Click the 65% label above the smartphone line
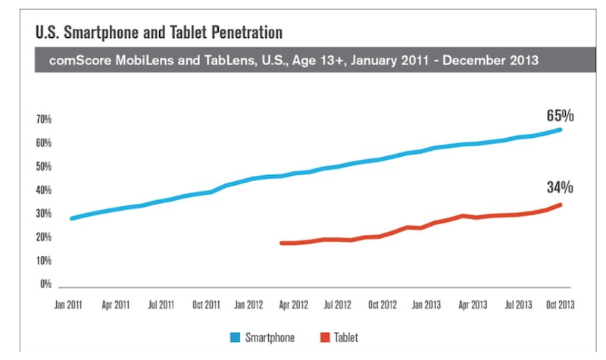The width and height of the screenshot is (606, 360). pos(561,116)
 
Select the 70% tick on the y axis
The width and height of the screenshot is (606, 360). pos(43,120)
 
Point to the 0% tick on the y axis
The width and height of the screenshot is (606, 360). pos(45,285)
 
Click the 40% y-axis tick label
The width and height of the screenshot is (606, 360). pos(43,190)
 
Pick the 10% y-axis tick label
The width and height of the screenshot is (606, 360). pos(43,261)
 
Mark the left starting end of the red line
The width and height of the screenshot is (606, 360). pos(281,243)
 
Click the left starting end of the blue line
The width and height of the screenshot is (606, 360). pos(71,218)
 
